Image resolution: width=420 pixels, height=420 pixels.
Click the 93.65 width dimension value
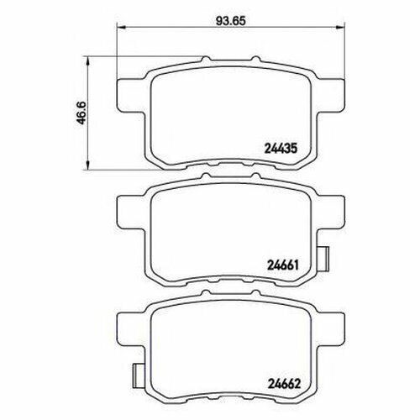point(231,21)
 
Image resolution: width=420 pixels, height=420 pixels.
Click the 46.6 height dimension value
point(83,113)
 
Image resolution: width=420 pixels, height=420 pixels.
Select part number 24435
point(280,149)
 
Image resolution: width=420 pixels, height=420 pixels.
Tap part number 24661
point(283,265)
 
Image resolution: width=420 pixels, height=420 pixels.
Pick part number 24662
point(284,383)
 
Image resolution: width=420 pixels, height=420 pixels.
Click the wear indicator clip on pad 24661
point(323,259)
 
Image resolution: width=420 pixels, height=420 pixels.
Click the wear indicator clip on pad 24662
point(139,375)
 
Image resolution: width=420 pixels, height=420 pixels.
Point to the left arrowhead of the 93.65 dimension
point(121,27)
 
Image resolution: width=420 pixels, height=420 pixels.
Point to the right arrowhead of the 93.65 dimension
point(340,27)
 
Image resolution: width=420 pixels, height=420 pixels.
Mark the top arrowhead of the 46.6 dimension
point(88,60)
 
